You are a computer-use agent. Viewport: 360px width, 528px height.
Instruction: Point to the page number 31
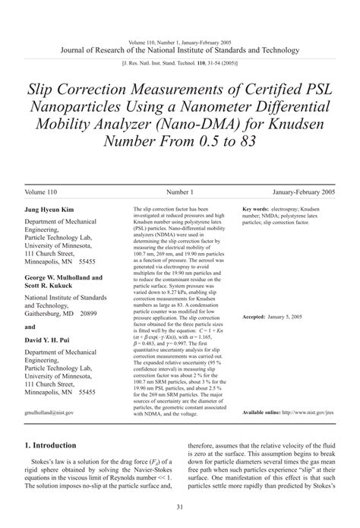180,507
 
